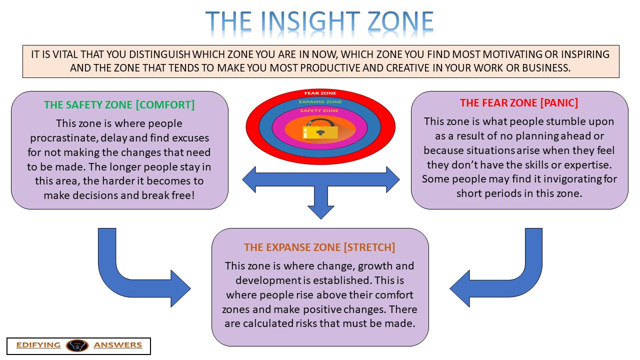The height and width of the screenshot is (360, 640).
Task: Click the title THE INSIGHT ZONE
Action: pyautogui.click(x=319, y=22)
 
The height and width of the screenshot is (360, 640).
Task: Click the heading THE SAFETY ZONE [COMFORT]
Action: pyautogui.click(x=119, y=105)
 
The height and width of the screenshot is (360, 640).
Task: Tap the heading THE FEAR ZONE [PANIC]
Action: pyautogui.click(x=519, y=103)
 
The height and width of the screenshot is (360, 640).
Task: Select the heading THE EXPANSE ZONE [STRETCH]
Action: pyautogui.click(x=319, y=247)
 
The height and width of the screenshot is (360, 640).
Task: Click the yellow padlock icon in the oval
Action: pyautogui.click(x=320, y=131)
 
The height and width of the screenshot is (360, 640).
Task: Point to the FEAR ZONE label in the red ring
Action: pyautogui.click(x=320, y=93)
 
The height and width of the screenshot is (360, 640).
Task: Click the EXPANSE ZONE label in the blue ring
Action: pyautogui.click(x=320, y=102)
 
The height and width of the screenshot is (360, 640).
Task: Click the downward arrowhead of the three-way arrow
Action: pyautogui.click(x=320, y=210)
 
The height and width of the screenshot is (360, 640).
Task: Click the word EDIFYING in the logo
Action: pyautogui.click(x=38, y=345)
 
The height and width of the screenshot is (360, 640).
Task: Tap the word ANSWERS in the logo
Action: pyautogui.click(x=118, y=345)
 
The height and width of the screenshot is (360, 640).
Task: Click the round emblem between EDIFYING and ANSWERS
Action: pyautogui.click(x=77, y=345)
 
